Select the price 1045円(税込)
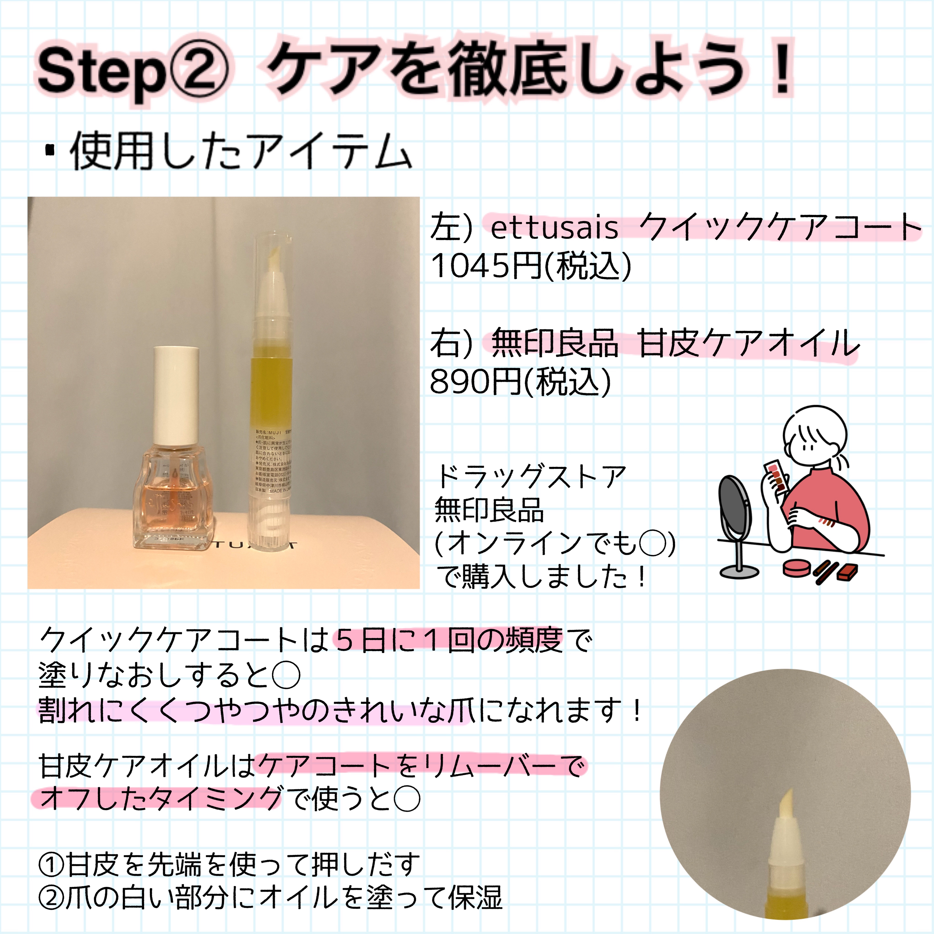[531, 266]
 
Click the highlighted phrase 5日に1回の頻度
[449, 640]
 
